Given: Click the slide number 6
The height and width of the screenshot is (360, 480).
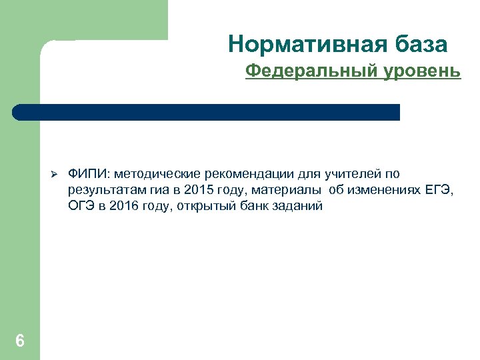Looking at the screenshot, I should point(20,341).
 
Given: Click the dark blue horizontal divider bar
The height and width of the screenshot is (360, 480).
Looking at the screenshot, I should point(207,112).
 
